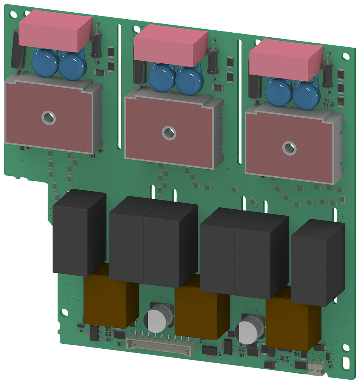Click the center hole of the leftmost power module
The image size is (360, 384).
(x=49, y=118)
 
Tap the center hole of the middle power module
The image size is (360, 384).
(x=168, y=133)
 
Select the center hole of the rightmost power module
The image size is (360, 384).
(x=289, y=147)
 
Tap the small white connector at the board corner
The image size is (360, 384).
(x=316, y=369)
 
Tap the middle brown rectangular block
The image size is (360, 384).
(x=201, y=313)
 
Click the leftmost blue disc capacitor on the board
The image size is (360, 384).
(x=45, y=63)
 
